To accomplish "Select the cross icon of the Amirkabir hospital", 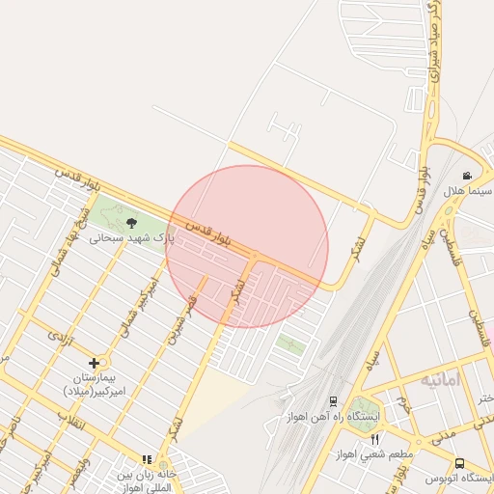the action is (94, 363).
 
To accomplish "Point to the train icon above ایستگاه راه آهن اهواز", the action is (333, 401).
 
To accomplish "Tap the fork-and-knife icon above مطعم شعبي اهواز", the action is (375, 439).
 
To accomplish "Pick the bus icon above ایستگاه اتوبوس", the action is (460, 463).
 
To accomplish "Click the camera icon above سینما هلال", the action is (467, 176).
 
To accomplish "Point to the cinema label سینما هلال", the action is (468, 190).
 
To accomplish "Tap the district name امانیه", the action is (441, 379).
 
